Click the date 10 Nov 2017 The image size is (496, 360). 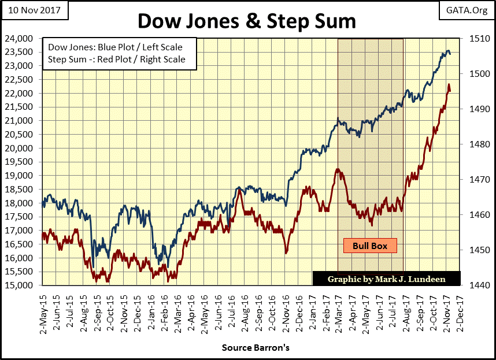click(35, 10)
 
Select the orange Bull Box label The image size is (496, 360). click(370, 246)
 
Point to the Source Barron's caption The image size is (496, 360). click(255, 348)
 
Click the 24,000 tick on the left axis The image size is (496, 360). click(23, 39)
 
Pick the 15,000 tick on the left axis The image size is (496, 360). click(23, 285)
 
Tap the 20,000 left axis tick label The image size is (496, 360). click(23, 149)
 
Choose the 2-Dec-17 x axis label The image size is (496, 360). click(460, 309)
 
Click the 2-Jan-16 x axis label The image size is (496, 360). click(151, 309)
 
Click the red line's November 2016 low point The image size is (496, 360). click(286, 253)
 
